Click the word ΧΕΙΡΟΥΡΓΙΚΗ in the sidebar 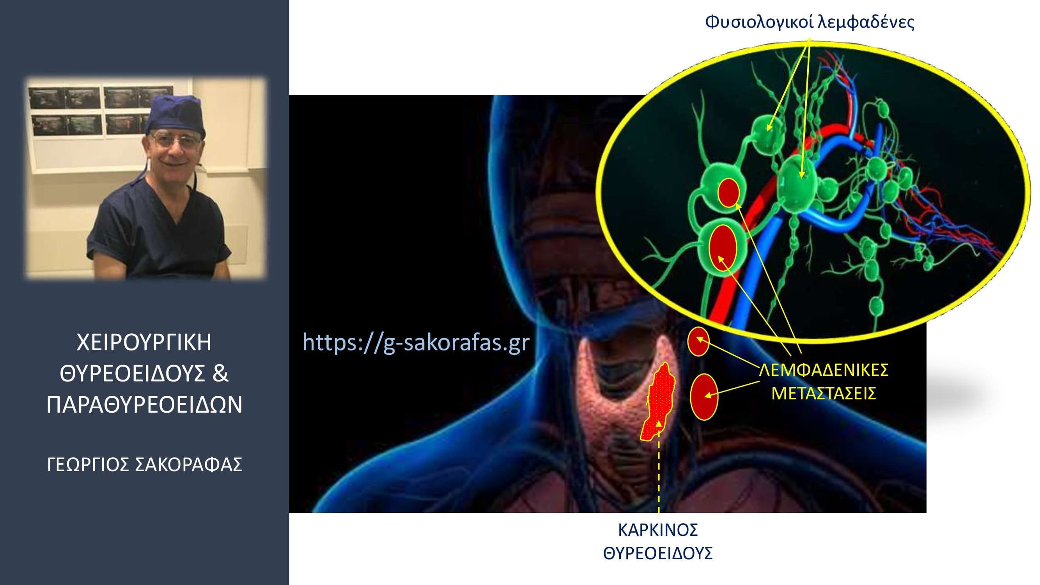144,343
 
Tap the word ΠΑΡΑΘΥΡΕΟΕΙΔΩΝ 145,405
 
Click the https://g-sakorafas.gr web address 416,343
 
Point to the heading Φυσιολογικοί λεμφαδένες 810,22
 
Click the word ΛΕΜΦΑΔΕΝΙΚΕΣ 824,370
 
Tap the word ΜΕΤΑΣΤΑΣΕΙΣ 824,393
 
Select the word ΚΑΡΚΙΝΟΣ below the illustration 658,530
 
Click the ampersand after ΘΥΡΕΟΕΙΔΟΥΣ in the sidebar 220,374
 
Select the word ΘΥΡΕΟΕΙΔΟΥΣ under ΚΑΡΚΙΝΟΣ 658,553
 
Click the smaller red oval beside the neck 698,342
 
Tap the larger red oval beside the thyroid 704,397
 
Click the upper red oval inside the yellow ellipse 729,193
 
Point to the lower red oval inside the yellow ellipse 723,248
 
